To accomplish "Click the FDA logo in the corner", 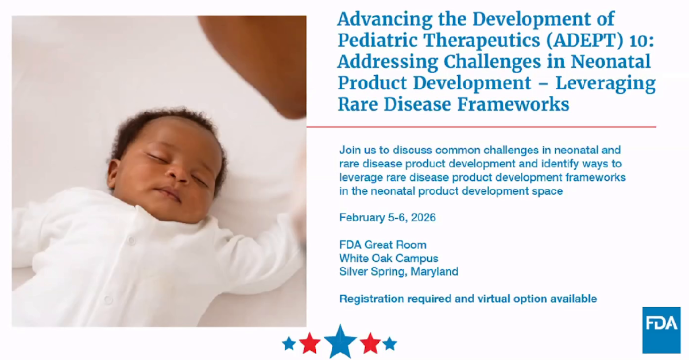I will (x=661, y=330).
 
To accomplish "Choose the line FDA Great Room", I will (x=382, y=245).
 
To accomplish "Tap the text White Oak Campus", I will (x=388, y=258).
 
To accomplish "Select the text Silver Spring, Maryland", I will (x=398, y=272).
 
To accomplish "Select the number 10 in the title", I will (x=592, y=40).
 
